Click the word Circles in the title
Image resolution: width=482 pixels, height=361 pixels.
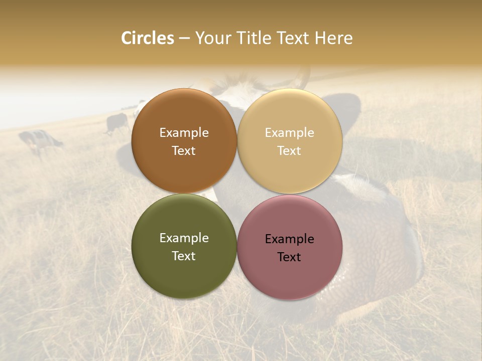point(147,38)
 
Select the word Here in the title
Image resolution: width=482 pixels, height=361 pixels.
point(333,38)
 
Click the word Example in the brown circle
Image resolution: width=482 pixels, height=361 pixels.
point(184,133)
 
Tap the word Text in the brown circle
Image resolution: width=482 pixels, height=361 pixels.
point(184,151)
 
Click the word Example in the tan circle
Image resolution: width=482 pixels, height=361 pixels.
point(289,133)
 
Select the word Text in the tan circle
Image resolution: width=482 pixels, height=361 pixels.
point(289,151)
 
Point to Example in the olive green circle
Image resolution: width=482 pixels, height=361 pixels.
point(184,238)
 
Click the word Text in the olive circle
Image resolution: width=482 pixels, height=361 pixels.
point(184,256)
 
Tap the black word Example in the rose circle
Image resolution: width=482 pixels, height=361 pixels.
point(289,239)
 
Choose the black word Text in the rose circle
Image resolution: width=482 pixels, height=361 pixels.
point(289,257)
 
